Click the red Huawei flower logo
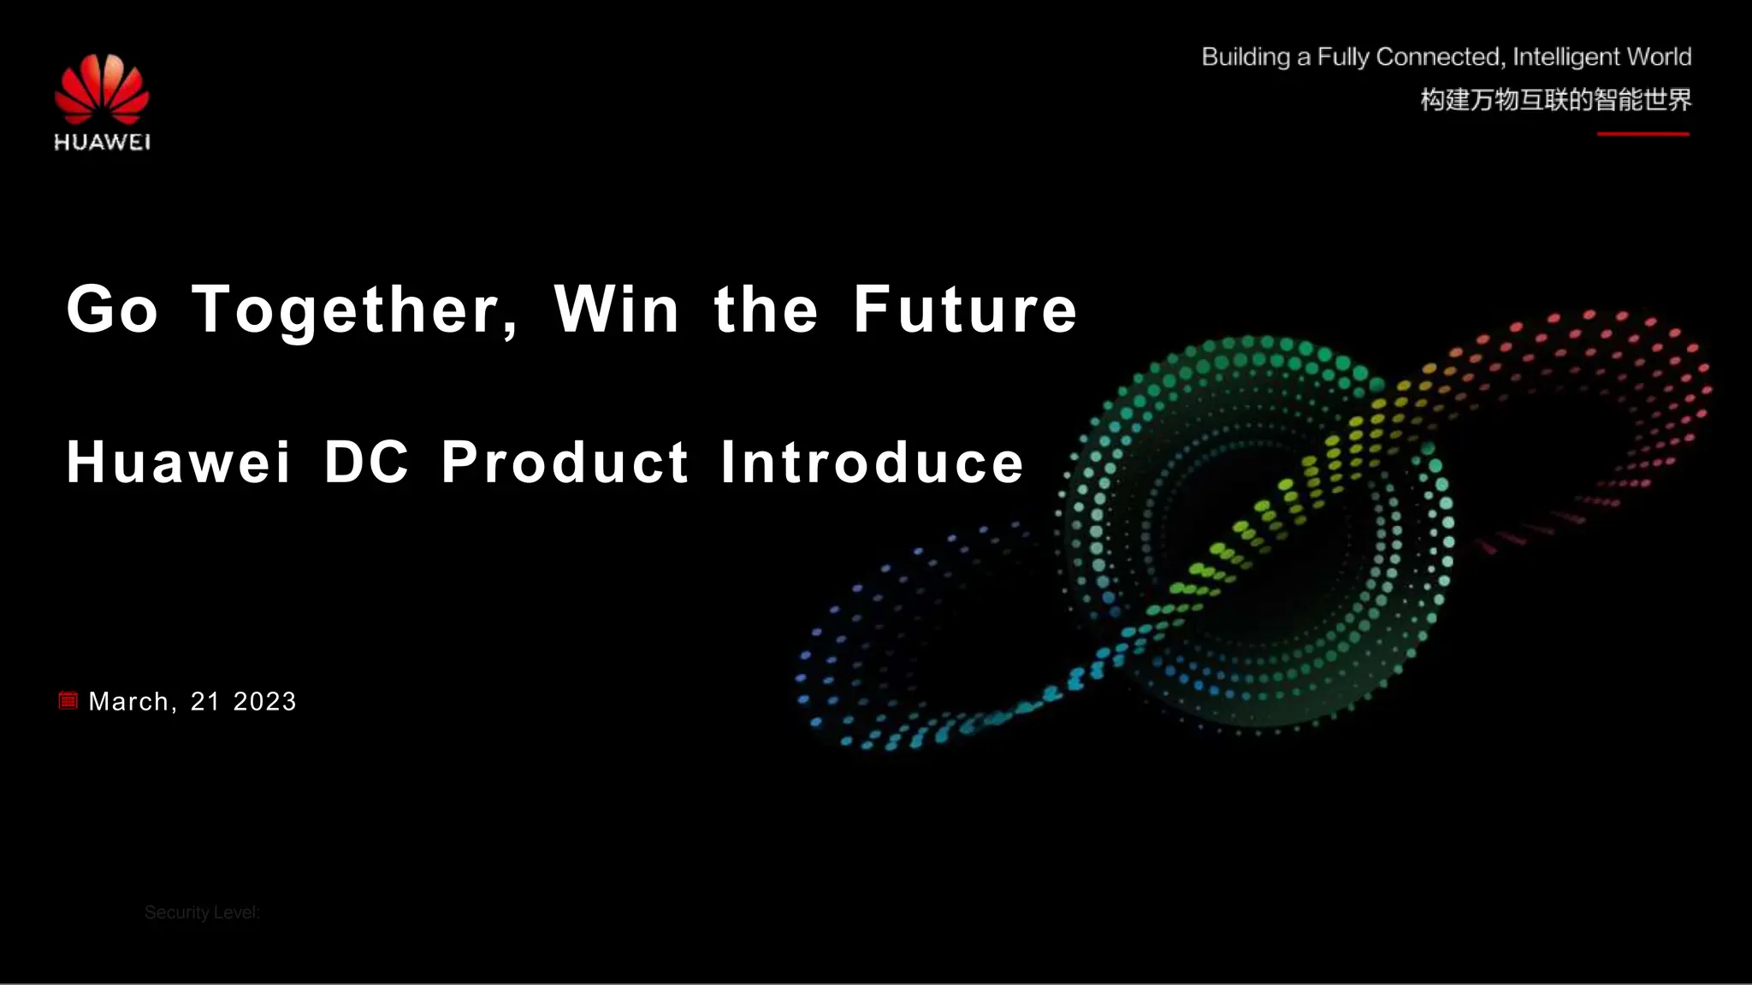[x=102, y=88]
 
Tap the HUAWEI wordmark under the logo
[x=102, y=142]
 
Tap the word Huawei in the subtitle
[x=179, y=462]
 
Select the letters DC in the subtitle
[x=366, y=462]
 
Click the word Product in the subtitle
[x=565, y=462]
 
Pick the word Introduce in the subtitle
[x=872, y=462]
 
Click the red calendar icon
[x=68, y=701]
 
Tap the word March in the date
[x=129, y=701]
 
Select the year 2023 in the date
[x=264, y=701]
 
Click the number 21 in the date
[x=205, y=701]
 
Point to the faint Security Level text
[x=202, y=912]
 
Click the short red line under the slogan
[x=1643, y=134]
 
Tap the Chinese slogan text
[x=1556, y=100]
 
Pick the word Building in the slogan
[x=1246, y=57]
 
